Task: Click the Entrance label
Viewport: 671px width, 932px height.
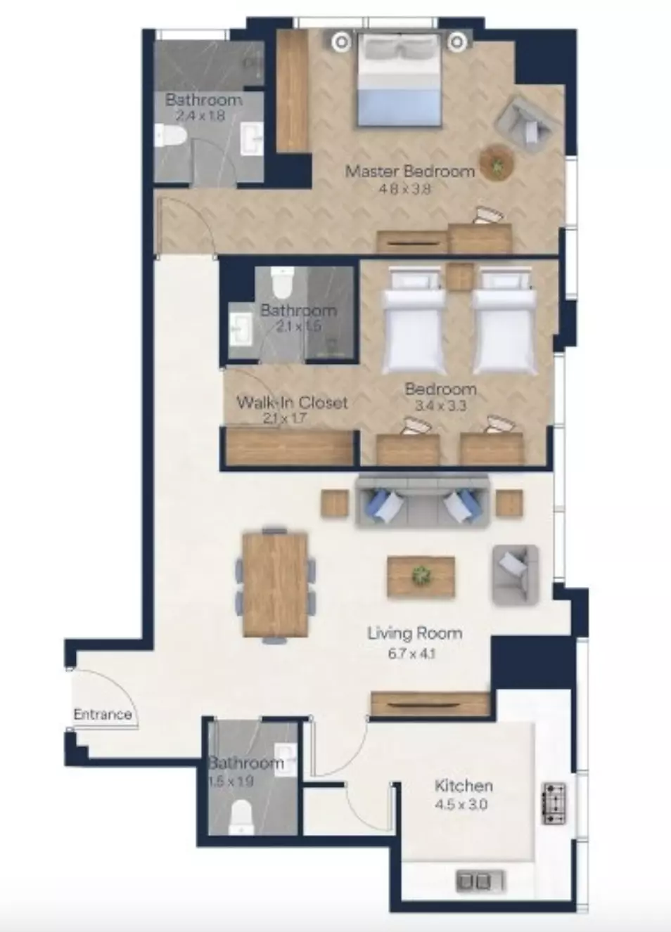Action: pos(103,714)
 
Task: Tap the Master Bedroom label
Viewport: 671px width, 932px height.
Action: pos(410,171)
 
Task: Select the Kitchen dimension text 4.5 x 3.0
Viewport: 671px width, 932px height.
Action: pos(461,804)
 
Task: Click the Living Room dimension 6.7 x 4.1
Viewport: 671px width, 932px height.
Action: pos(411,654)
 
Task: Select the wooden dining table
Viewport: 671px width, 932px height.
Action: pos(275,584)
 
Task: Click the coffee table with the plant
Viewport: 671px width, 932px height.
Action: pos(421,577)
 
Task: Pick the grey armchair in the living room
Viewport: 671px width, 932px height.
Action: pos(516,575)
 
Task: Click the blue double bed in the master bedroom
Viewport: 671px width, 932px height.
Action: pos(399,79)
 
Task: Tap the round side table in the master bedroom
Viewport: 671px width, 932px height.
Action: pos(496,163)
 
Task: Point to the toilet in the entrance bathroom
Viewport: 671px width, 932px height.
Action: pos(241,817)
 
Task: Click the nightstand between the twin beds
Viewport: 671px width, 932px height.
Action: pos(459,277)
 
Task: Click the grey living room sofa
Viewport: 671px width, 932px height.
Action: pos(422,503)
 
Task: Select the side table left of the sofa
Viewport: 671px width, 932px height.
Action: pos(335,504)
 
